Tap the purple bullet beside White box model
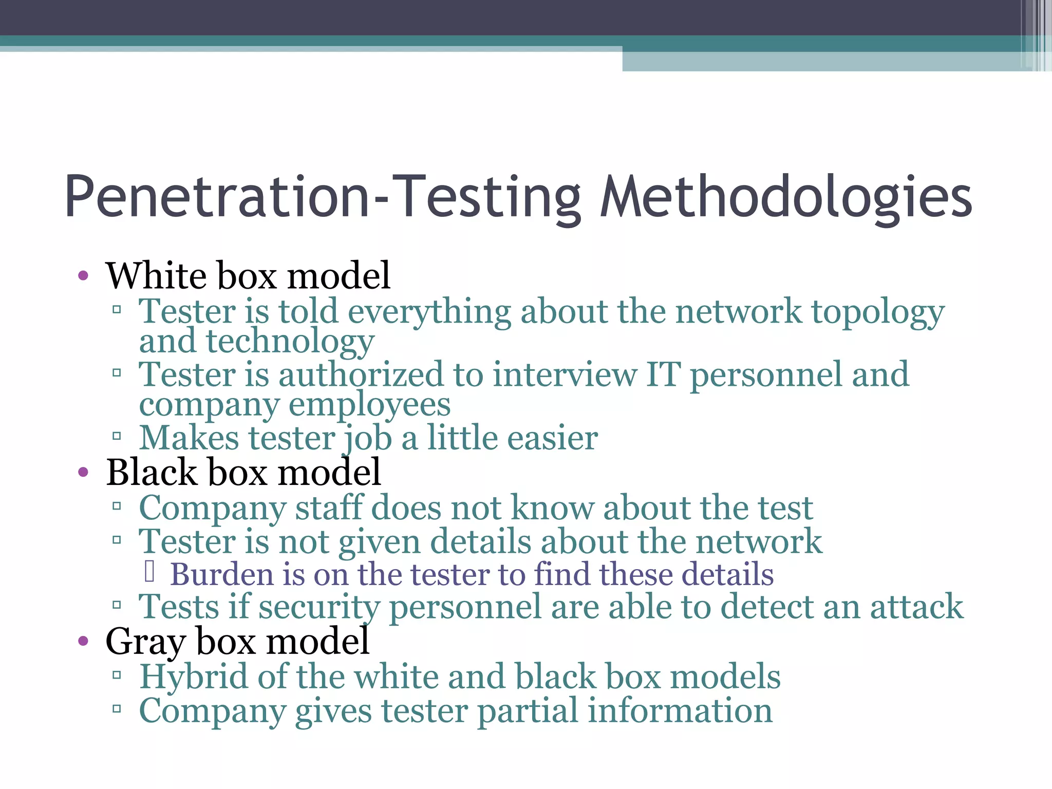(x=83, y=276)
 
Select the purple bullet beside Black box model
(x=83, y=472)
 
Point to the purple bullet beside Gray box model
(x=83, y=641)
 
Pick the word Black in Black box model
(x=152, y=472)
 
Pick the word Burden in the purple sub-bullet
(x=221, y=574)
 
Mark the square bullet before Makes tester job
(x=117, y=437)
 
